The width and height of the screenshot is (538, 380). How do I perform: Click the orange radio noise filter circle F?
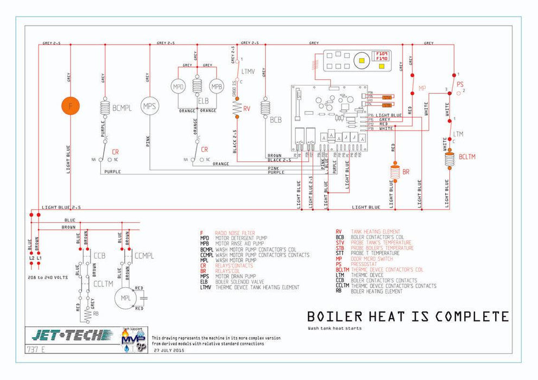(x=71, y=106)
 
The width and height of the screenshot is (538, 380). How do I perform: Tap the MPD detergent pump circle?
(x=178, y=86)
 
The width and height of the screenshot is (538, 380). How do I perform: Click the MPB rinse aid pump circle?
(x=217, y=86)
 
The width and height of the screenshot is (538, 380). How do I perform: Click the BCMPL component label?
(x=122, y=108)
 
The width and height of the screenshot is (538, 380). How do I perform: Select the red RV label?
(x=246, y=108)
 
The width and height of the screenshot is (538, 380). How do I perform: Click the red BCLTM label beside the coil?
(x=467, y=156)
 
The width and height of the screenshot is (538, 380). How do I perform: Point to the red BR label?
(x=406, y=172)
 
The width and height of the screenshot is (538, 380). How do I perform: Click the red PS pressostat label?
(x=460, y=84)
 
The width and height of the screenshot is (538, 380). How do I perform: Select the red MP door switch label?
(x=422, y=88)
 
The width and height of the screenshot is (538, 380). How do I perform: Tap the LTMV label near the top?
(x=248, y=71)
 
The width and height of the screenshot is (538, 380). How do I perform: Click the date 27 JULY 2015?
(x=170, y=351)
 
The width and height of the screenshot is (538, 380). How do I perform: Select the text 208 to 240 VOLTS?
(x=48, y=277)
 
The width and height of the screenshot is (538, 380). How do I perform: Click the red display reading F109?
(x=382, y=54)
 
